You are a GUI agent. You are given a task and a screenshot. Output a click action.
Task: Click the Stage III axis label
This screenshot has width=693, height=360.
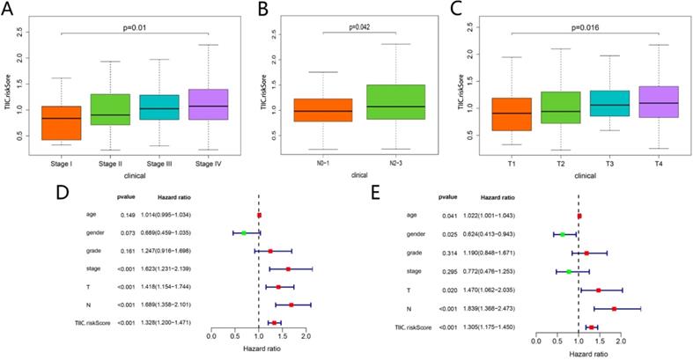pos(160,163)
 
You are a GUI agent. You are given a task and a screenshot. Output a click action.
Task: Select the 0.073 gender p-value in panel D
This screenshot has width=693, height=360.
pos(128,232)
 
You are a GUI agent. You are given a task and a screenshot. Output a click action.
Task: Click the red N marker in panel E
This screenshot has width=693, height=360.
pos(613,308)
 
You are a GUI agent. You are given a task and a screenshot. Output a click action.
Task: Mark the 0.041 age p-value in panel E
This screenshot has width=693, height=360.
pos(447,215)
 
